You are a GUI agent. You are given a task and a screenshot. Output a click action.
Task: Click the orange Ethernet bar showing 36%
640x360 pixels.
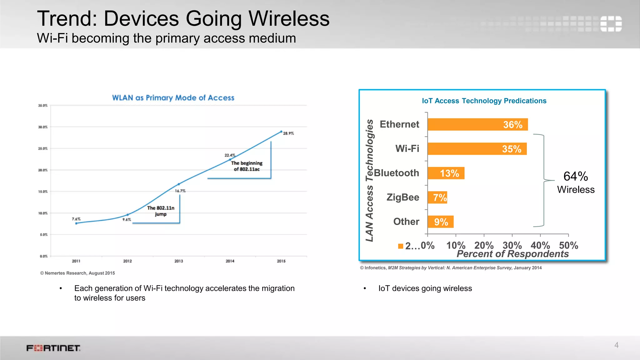477,124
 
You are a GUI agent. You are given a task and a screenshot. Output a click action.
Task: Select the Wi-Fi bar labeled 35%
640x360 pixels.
477,149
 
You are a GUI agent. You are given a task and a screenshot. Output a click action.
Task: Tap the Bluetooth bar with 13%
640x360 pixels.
446,173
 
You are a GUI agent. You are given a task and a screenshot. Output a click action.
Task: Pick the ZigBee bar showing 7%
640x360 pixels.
437,197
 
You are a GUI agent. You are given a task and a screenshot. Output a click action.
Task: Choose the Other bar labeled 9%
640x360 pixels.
441,222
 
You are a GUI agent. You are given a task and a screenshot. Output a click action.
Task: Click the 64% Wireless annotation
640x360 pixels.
576,182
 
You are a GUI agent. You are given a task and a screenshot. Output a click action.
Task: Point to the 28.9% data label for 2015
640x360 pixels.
288,133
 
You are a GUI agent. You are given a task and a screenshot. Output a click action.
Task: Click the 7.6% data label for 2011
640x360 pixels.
76,219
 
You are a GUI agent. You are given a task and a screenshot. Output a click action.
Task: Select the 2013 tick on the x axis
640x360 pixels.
179,261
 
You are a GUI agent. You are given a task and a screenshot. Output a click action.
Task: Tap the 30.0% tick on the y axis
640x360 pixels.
43,127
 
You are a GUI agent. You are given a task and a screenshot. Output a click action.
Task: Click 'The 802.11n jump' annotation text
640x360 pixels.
161,211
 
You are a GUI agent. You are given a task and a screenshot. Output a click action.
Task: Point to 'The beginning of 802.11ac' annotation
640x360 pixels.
247,166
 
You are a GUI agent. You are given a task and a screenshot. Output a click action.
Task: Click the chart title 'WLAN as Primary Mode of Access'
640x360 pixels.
173,98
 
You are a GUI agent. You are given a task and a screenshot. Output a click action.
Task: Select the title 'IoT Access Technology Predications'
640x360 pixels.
484,101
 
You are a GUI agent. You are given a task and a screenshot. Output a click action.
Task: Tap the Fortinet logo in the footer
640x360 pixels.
53,348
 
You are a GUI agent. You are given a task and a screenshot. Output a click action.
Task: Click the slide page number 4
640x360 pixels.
616,345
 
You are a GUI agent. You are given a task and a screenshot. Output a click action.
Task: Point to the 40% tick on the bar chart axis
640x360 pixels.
540,245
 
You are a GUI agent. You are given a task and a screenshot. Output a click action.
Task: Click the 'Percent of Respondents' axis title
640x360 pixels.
512,254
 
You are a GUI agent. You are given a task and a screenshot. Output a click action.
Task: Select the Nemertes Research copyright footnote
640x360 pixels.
77,273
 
